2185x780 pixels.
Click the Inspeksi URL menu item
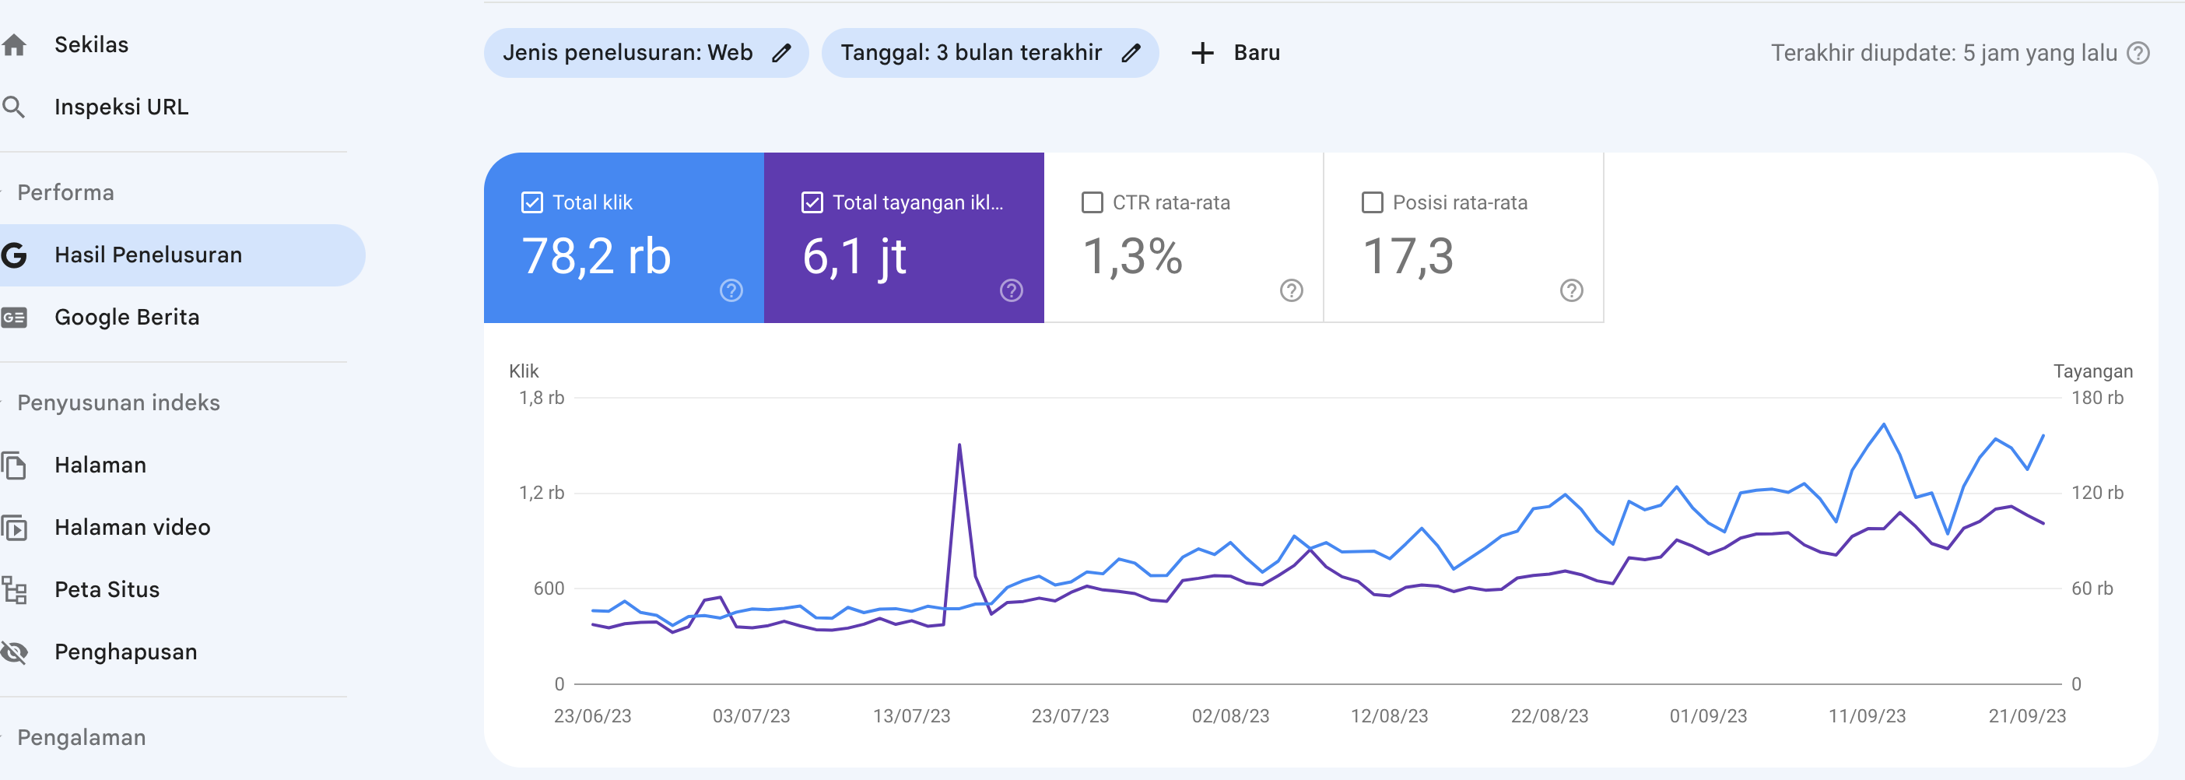click(x=121, y=107)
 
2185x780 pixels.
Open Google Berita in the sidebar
click(x=126, y=318)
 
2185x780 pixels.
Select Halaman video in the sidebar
click(x=132, y=527)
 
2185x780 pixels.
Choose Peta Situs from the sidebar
click(x=106, y=590)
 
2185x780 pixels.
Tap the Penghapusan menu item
click(x=125, y=652)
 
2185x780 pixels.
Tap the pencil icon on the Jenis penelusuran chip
click(x=781, y=54)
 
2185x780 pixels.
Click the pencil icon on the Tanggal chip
click(x=1131, y=54)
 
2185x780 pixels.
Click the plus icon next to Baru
click(x=1202, y=54)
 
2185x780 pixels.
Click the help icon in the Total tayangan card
click(x=1011, y=291)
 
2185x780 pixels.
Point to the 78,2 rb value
click(x=596, y=256)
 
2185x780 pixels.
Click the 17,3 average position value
click(x=1408, y=256)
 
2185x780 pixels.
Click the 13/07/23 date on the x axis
click(x=911, y=716)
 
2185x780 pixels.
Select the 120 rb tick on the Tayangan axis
click(x=2097, y=493)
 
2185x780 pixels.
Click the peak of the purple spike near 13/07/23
click(x=959, y=444)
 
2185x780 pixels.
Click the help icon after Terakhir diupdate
click(x=2138, y=54)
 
